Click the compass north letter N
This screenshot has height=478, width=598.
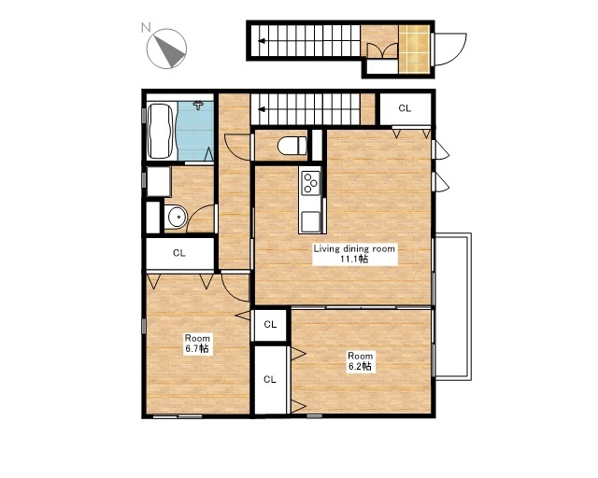point(146,27)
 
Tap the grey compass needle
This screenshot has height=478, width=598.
point(170,51)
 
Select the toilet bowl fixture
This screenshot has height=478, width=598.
point(292,146)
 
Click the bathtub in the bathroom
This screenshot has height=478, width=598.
point(160,131)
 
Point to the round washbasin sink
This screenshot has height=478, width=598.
point(176,217)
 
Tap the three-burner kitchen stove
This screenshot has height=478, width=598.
point(310,183)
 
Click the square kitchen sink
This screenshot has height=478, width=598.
point(310,221)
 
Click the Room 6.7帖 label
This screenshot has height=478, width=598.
point(197,343)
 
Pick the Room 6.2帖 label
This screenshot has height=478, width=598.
point(360,361)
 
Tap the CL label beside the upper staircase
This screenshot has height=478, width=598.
point(405,108)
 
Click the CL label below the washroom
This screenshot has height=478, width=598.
point(179,253)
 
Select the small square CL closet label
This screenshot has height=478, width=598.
point(270,324)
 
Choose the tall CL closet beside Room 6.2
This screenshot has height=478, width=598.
point(270,379)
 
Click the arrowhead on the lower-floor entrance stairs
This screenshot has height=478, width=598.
point(262,41)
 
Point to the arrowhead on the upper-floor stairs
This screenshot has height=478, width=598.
point(262,110)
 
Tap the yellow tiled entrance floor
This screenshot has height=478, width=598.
point(414,49)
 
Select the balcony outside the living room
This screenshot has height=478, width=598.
point(453,306)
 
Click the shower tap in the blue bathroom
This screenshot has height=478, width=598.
point(198,105)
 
